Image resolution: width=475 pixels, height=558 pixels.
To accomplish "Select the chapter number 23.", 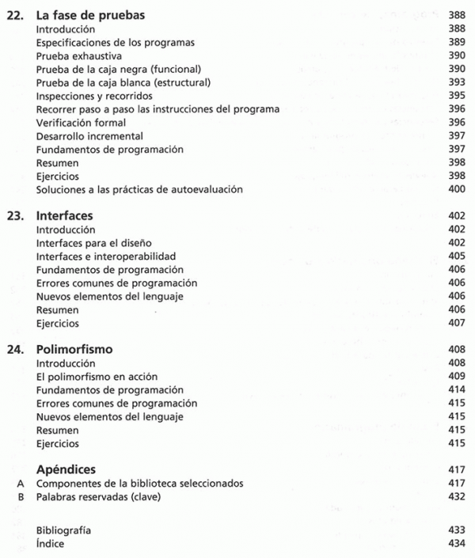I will click(15, 214).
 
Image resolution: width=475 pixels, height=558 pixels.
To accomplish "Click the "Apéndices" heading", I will click(69, 469).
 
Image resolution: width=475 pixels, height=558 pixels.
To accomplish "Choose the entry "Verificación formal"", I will click(82, 123).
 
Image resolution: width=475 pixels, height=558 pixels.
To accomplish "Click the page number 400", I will click(454, 189).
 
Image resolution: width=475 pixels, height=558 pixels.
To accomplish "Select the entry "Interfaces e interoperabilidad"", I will click(106, 256).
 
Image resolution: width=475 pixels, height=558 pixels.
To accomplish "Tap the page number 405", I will click(455, 256).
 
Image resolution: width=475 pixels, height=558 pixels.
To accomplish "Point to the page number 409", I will click(455, 377).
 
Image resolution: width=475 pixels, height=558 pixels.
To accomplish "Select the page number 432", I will click(455, 496).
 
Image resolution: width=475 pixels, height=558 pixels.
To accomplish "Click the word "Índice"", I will click(51, 544).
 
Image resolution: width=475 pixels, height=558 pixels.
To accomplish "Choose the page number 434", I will click(455, 544).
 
